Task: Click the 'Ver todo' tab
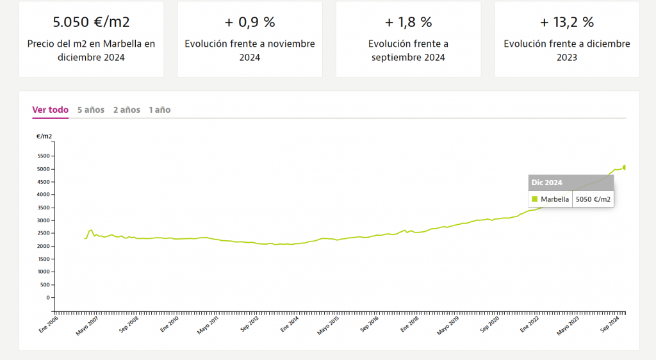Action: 50,110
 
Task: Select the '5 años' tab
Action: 90,110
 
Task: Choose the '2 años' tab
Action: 126,110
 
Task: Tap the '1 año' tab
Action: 160,110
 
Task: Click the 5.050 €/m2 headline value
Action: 91,22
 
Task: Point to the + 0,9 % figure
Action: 250,22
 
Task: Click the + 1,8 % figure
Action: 408,22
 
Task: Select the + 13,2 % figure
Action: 566,22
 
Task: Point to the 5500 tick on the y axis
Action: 44,156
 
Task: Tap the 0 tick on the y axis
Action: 47,298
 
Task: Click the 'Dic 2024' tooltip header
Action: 546,183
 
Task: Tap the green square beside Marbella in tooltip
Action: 535,199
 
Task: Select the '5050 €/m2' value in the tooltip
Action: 593,199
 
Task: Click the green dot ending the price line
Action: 625,167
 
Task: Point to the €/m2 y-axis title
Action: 44,136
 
